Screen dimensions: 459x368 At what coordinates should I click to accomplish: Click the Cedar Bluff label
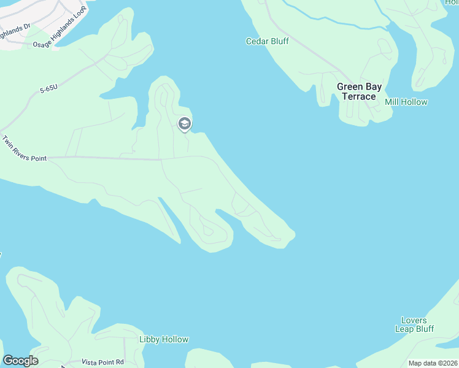pyautogui.click(x=267, y=42)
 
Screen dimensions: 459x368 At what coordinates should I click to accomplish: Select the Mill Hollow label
pyautogui.click(x=406, y=102)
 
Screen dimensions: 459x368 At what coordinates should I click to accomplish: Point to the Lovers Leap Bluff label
pyautogui.click(x=417, y=324)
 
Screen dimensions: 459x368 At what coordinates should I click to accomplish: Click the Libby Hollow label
pyautogui.click(x=164, y=339)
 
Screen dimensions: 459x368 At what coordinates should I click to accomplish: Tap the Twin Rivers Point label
pyautogui.click(x=24, y=149)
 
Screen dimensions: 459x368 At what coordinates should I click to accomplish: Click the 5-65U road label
pyautogui.click(x=49, y=90)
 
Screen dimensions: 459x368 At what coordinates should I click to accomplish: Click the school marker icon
pyautogui.click(x=184, y=125)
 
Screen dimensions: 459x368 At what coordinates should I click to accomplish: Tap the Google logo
pyautogui.click(x=20, y=361)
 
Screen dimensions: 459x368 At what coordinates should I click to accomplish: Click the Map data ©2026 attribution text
pyautogui.click(x=432, y=363)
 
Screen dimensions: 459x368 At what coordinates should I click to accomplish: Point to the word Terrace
pyautogui.click(x=358, y=97)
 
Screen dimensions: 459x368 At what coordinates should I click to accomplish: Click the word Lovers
pyautogui.click(x=414, y=320)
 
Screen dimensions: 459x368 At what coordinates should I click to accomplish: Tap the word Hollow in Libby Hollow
pyautogui.click(x=175, y=339)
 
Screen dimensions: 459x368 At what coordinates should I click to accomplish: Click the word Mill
pyautogui.click(x=391, y=102)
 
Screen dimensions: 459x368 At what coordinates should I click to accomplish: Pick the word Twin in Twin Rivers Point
pyautogui.click(x=8, y=142)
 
